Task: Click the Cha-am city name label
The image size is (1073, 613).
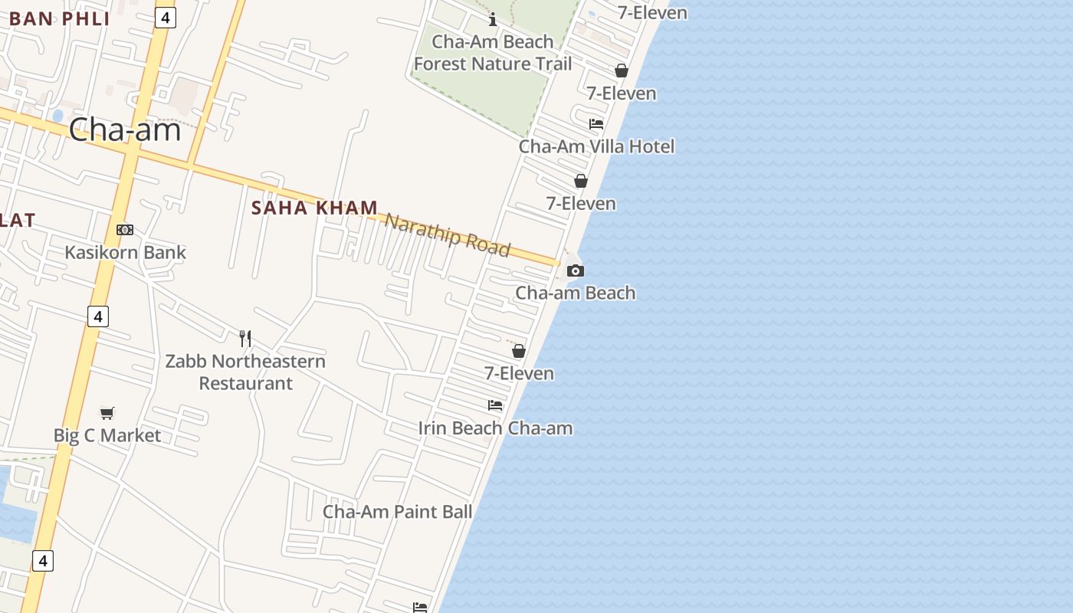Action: point(125,129)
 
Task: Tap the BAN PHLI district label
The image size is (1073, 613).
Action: point(60,18)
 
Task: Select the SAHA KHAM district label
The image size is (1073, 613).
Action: point(315,208)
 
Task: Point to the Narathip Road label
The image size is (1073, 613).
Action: point(447,234)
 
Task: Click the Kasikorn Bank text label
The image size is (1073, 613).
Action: point(125,252)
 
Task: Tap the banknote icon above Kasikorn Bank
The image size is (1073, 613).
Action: point(125,230)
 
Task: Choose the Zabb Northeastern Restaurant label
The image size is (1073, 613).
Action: point(245,372)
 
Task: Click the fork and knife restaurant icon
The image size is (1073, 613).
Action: point(245,338)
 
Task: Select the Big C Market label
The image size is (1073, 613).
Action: point(107,435)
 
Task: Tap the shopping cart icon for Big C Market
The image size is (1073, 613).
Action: point(107,414)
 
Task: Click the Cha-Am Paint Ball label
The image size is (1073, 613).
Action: point(397,511)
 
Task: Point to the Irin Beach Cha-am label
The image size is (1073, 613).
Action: point(495,428)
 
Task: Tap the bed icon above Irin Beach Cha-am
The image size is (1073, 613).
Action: point(495,405)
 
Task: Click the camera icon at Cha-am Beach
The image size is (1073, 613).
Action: point(575,270)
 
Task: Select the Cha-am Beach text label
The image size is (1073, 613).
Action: point(575,293)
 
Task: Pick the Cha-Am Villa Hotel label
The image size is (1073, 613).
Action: point(596,146)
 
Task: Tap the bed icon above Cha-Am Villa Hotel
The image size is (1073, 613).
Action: point(596,124)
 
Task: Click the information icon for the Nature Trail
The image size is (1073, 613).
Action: point(493,19)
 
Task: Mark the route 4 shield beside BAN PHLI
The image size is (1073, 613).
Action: point(165,17)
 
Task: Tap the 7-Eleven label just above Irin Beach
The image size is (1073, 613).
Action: point(519,373)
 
